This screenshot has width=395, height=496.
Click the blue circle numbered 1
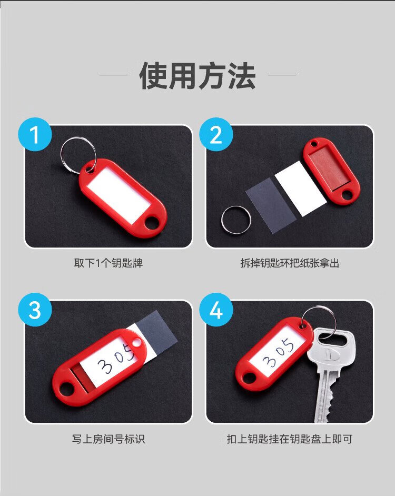point(35,134)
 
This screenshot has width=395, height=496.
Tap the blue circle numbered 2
point(216,134)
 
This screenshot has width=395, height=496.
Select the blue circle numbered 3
point(35,310)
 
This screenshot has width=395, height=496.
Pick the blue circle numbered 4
point(216,310)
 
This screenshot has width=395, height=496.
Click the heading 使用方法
point(197,76)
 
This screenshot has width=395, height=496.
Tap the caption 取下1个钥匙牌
point(108,263)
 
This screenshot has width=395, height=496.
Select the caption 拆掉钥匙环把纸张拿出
point(290,263)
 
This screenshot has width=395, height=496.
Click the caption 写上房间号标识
point(108,439)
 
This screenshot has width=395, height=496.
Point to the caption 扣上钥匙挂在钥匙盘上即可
point(290,439)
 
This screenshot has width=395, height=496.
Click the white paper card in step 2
point(300,189)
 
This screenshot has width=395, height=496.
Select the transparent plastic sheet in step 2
point(271,205)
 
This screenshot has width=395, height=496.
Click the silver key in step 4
point(331,373)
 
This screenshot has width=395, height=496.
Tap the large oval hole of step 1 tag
point(152,223)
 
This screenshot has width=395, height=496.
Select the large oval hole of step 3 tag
point(66,389)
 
